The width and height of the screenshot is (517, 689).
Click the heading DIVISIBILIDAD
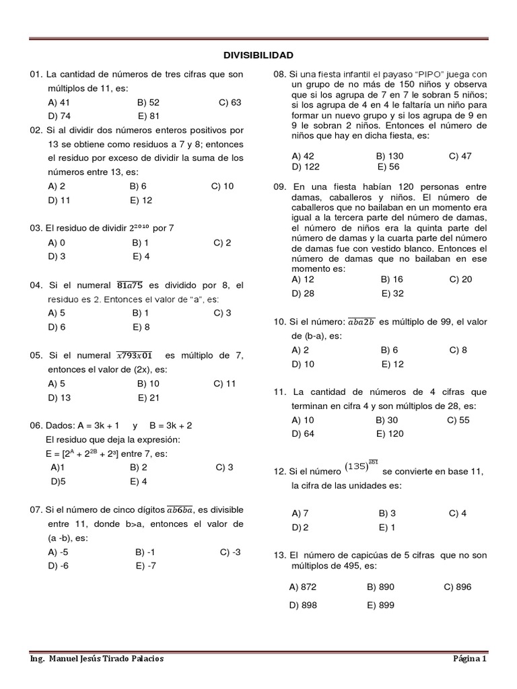coord(258,55)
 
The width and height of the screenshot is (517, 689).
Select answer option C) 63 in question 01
coord(230,102)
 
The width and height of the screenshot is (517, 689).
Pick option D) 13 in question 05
coord(59,397)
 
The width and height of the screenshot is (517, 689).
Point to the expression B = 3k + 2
coord(170,425)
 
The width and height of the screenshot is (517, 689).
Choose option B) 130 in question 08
coord(390,155)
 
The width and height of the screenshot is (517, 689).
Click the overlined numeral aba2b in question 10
coord(360,322)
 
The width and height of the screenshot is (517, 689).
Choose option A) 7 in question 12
coord(300,513)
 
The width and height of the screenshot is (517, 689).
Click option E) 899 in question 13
coord(380,605)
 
